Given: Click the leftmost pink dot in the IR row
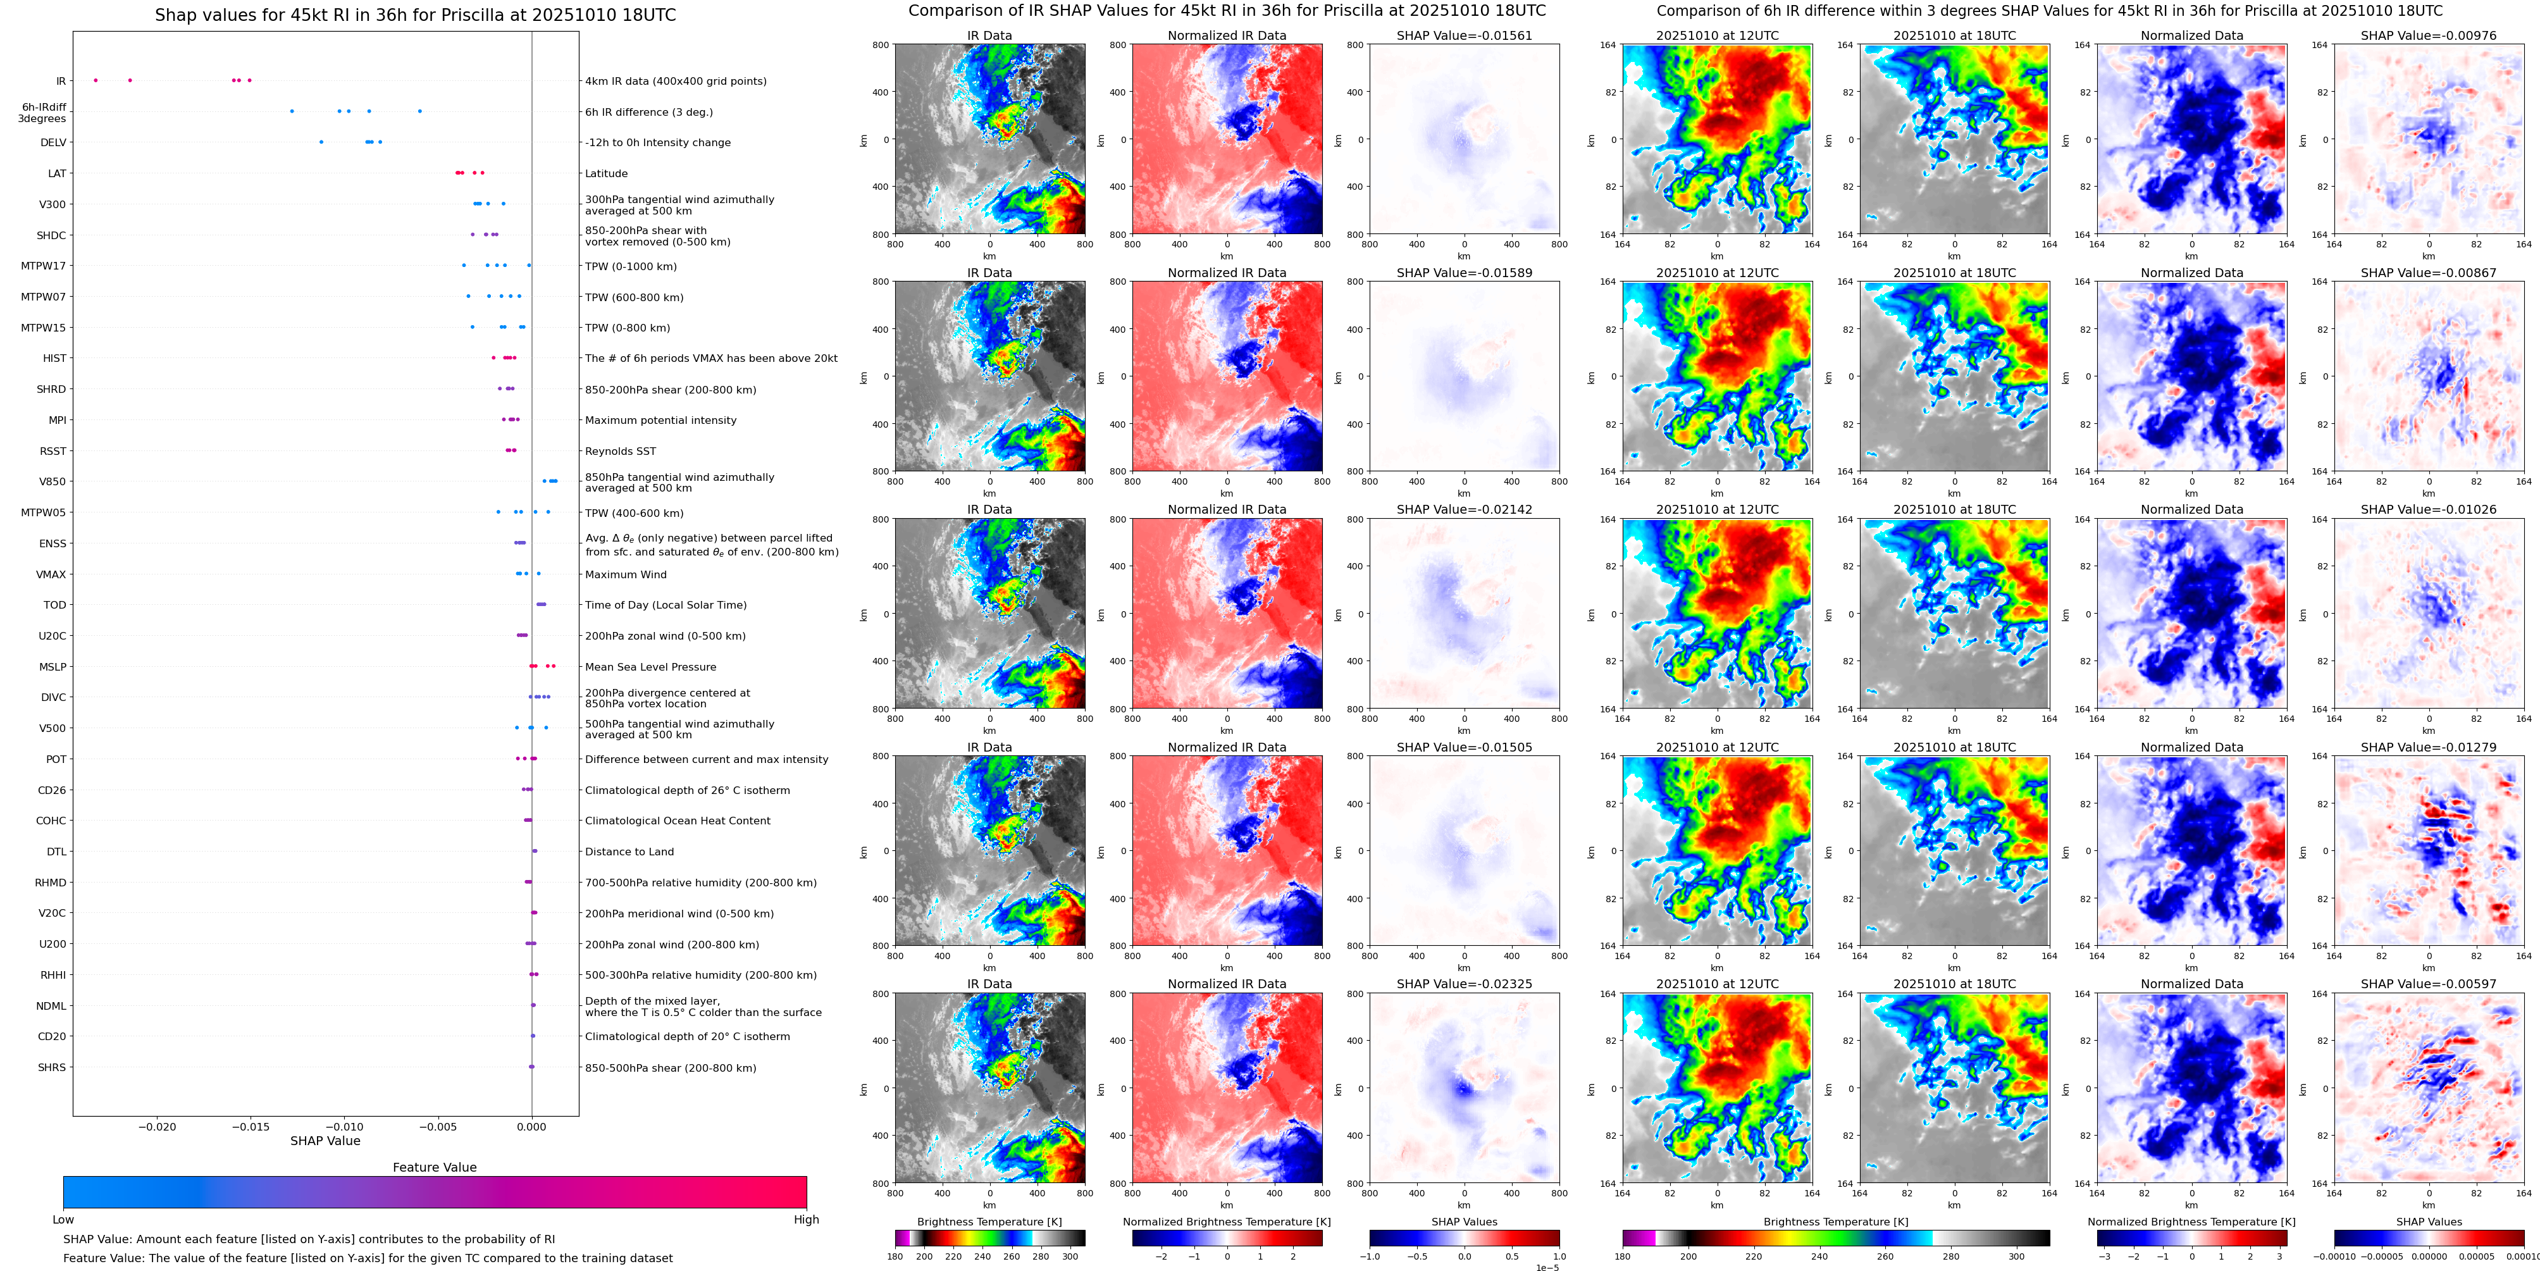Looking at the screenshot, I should (96, 80).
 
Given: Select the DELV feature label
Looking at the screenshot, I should (53, 143).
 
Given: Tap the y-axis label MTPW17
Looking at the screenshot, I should (44, 266).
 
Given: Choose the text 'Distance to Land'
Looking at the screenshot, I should (629, 852).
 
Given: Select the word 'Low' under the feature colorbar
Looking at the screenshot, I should (63, 1220).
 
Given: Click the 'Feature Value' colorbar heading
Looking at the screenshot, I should (434, 1167).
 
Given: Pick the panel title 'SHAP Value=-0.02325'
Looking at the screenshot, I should (1465, 984).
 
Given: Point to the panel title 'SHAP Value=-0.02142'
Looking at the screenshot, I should (1465, 510).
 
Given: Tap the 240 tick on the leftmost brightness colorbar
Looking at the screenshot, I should (982, 1256).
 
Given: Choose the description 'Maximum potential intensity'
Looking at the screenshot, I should (660, 421).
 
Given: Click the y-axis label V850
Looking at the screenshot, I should (53, 482).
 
